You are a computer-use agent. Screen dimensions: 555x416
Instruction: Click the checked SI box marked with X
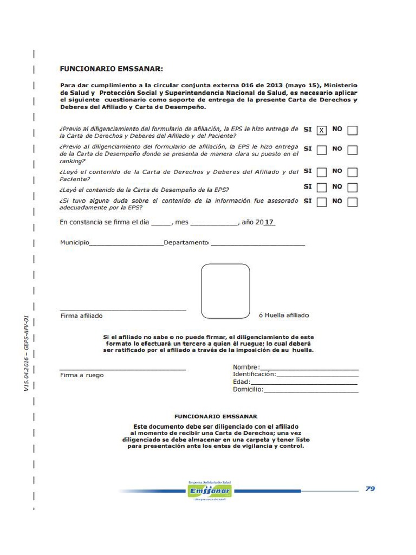322,131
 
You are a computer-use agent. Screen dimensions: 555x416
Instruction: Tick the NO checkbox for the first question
352,131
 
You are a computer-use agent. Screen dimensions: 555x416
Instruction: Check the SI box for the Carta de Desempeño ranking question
322,150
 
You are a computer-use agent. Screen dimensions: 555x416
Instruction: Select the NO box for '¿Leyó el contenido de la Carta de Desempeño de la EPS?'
352,188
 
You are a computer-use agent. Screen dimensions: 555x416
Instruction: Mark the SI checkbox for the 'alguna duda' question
322,202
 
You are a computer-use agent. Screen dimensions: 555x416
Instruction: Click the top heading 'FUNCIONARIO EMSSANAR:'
111,69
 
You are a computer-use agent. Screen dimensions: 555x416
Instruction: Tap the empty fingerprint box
225,291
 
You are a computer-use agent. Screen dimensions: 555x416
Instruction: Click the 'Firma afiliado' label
81,315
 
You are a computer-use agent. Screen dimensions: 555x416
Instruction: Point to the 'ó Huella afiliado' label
284,315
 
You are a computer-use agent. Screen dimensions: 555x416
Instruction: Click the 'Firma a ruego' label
82,375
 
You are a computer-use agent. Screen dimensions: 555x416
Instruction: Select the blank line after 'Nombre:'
309,368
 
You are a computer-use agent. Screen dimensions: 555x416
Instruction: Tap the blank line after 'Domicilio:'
310,390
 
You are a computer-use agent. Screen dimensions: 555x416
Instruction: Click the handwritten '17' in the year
269,222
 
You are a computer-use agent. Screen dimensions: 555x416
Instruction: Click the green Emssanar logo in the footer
209,491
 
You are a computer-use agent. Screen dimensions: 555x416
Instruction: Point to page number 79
370,488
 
